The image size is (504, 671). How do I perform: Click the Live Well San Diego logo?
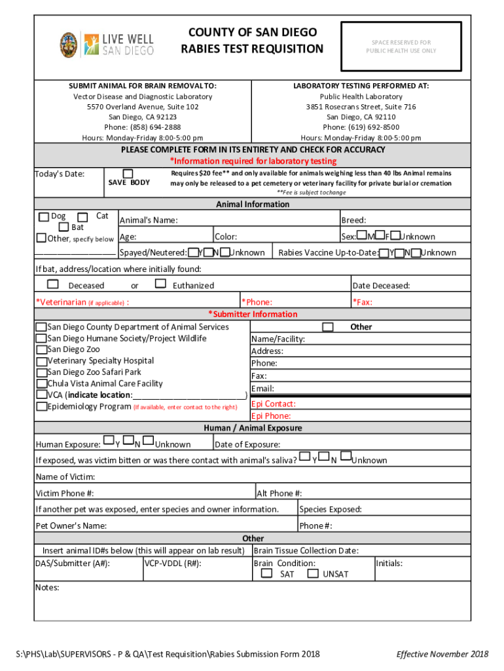pos(107,45)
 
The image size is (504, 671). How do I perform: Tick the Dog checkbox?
pos(43,217)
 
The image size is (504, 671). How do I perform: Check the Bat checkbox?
pos(63,227)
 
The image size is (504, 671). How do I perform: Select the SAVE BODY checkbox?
pos(128,173)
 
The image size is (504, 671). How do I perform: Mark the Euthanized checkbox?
pos(160,284)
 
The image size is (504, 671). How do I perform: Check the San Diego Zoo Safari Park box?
pos(41,372)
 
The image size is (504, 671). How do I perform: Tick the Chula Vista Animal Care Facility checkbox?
pos(41,383)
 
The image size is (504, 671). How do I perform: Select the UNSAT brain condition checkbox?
pos(313,573)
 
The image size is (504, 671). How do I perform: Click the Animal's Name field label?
pos(148,221)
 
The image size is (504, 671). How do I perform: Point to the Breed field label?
pos(353,221)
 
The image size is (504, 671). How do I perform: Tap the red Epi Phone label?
pos(271,415)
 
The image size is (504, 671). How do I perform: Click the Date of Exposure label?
pos(247,444)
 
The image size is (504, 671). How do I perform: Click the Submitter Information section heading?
pos(252,314)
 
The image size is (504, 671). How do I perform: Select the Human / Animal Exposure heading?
pos(252,428)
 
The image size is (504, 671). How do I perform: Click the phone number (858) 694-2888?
pos(142,127)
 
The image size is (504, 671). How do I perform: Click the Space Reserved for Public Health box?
pos(401,46)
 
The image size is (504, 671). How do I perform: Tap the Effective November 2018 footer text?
pos(442,654)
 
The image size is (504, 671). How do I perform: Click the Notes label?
pos(47,588)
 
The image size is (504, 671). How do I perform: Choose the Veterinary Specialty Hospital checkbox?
pos(41,361)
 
